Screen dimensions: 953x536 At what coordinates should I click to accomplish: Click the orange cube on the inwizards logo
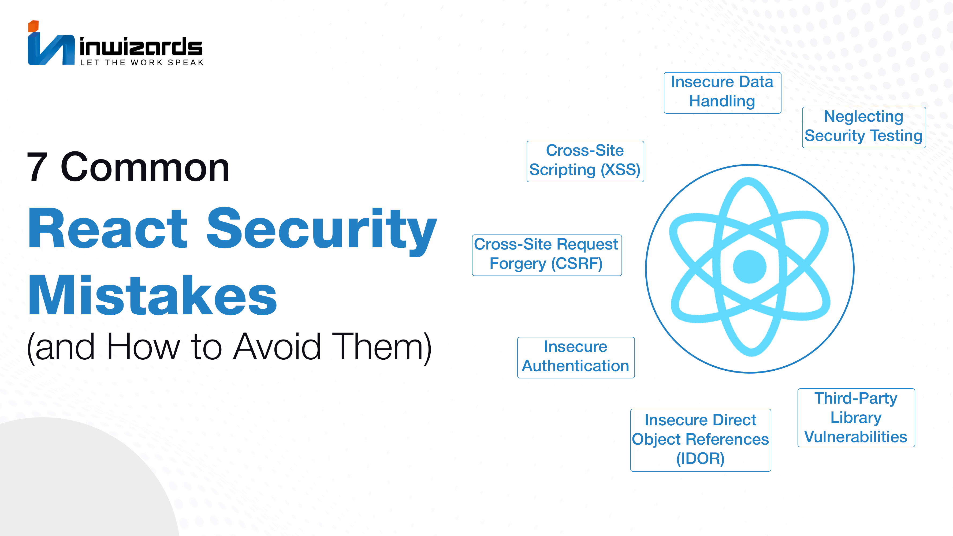coord(33,26)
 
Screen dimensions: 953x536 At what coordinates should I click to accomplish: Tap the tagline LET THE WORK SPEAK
coord(142,62)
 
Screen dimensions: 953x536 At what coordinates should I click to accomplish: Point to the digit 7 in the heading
coord(37,167)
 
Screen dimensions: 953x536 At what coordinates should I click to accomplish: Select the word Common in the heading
coord(145,167)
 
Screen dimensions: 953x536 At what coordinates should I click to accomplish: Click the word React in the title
coord(108,228)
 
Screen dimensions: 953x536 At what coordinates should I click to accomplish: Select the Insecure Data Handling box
coord(723,92)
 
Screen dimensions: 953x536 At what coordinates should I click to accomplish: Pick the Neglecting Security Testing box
coord(864,127)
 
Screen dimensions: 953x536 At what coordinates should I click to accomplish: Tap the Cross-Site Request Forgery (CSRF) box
coord(547,255)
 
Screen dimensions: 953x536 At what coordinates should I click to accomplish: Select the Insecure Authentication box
coord(576,357)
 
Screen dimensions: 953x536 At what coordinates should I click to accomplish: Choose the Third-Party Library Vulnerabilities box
coord(856,418)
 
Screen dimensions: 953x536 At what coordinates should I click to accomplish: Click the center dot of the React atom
coord(750,267)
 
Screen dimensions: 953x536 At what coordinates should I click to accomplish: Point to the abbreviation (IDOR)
coord(700,459)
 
